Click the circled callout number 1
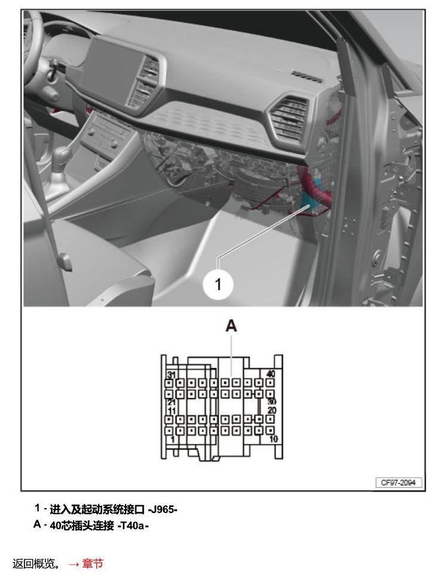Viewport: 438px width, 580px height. coord(218,284)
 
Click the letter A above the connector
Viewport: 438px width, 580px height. coord(231,326)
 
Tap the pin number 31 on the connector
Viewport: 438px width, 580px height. coord(171,375)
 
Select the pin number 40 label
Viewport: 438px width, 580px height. coord(271,373)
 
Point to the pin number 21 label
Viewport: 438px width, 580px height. coord(171,402)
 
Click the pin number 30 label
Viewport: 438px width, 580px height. coord(272,402)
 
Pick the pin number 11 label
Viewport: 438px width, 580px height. coord(172,411)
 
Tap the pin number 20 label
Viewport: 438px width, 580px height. coord(272,410)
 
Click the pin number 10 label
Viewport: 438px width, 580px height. coord(273,439)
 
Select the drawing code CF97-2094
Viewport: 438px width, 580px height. coord(399,482)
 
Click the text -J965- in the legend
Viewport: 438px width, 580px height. coord(162,510)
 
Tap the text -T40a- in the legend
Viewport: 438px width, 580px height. coord(133,526)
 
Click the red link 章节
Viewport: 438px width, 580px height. coord(93,564)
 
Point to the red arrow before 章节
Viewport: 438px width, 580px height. coord(74,564)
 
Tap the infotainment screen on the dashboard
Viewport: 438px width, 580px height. coord(111,68)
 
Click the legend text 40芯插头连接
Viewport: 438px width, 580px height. coord(82,526)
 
